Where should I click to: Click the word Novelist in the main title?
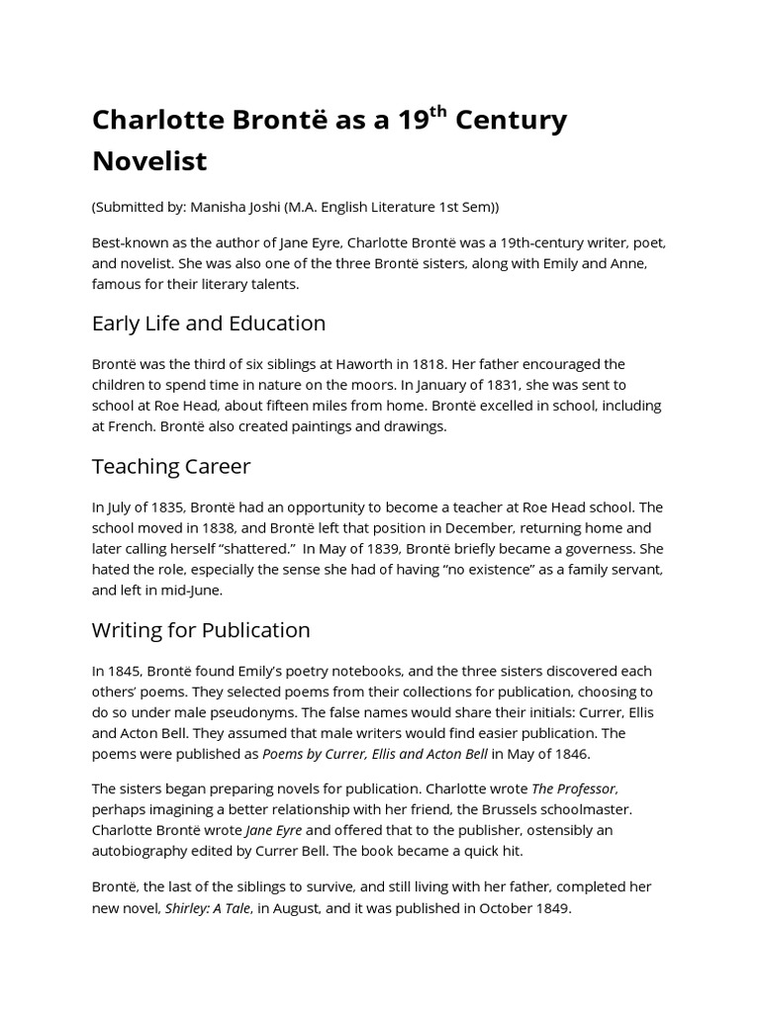(x=149, y=159)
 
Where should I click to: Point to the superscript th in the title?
(x=445, y=111)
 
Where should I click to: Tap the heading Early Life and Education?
(x=209, y=323)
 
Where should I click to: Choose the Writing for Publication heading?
(x=201, y=630)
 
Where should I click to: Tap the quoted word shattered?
(x=236, y=548)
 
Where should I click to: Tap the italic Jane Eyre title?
(x=272, y=829)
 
